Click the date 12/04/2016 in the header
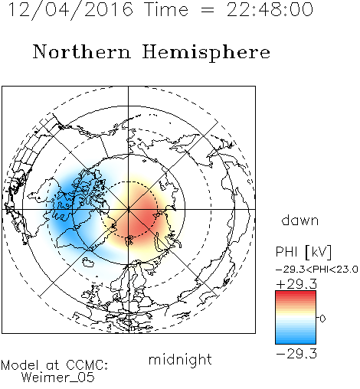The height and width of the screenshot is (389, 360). (x=70, y=10)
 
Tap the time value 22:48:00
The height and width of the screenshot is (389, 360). (x=270, y=9)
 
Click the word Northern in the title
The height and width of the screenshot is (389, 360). (x=81, y=52)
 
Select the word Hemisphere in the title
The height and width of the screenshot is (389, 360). (x=206, y=52)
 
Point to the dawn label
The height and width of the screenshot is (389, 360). (x=300, y=220)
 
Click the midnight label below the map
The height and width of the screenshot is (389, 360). (x=180, y=359)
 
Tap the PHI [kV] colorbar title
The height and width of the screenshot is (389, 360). (x=303, y=252)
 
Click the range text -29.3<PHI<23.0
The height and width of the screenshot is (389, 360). (x=316, y=270)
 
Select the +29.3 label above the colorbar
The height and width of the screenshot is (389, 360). (x=296, y=284)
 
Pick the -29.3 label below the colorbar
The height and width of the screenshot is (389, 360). (x=296, y=354)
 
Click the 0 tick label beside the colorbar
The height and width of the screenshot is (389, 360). (x=322, y=319)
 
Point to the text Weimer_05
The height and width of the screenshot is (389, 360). (x=58, y=378)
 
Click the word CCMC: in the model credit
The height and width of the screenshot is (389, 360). (x=87, y=365)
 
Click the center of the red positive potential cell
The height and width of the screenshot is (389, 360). (x=143, y=217)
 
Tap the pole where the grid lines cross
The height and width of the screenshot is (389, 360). (x=129, y=209)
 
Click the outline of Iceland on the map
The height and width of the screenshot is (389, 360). (x=88, y=262)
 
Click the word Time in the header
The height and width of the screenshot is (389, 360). (x=166, y=10)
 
